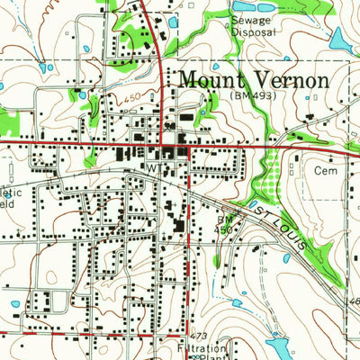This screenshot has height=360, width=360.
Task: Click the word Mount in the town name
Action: pyautogui.click(x=211, y=79)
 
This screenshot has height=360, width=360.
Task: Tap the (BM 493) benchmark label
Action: pyautogui.click(x=252, y=94)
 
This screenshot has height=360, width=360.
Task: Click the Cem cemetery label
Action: pyautogui.click(x=325, y=169)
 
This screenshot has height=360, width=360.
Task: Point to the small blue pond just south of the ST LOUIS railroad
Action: pyautogui.click(x=285, y=257)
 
